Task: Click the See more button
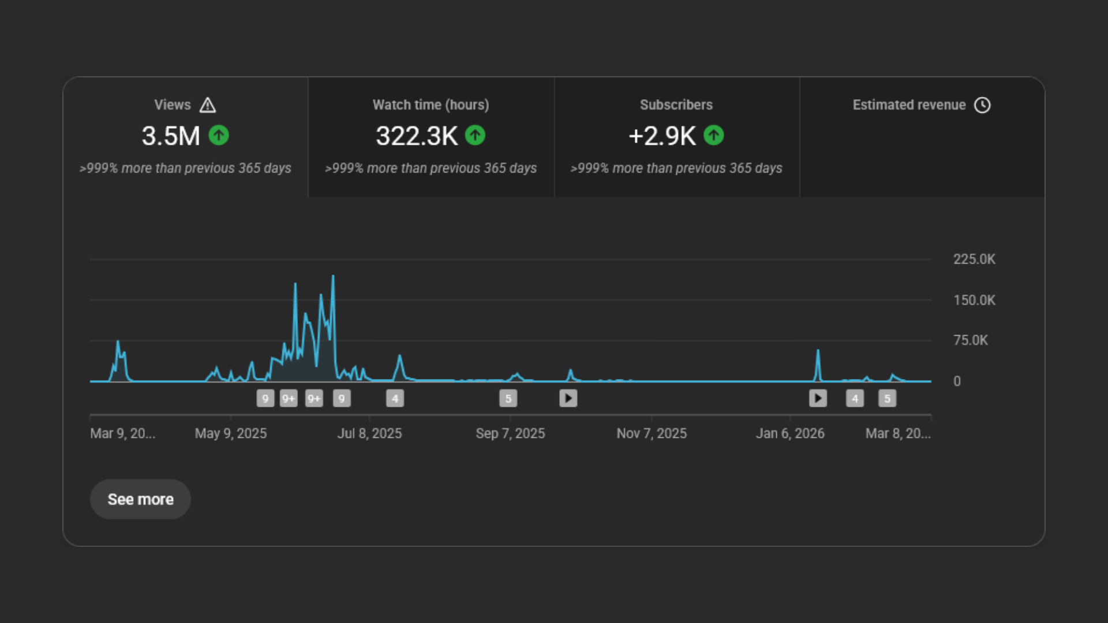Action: (x=140, y=499)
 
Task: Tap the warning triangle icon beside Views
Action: (x=208, y=105)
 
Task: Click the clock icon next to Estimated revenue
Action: (x=982, y=105)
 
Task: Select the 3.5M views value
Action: (x=171, y=136)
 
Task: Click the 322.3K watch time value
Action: (x=416, y=136)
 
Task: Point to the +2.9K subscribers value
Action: (x=662, y=136)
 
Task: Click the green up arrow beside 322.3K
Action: (x=475, y=136)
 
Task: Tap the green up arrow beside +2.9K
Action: (x=714, y=136)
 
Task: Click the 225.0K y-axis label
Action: (x=974, y=259)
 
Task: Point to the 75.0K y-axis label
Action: (x=971, y=340)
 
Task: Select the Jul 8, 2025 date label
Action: (x=369, y=433)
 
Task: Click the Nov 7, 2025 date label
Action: (x=652, y=433)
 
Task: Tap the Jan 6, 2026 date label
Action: (x=790, y=433)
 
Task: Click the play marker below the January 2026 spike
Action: (x=818, y=398)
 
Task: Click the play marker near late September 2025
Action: (x=568, y=398)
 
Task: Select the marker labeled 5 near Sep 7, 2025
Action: (x=508, y=398)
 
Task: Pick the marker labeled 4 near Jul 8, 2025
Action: (x=395, y=398)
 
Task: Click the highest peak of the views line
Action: (x=333, y=277)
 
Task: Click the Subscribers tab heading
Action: (x=676, y=105)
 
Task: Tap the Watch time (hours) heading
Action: (x=431, y=105)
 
